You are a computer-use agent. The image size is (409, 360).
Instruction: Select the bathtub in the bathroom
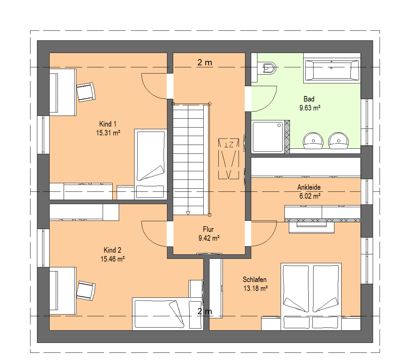(332, 69)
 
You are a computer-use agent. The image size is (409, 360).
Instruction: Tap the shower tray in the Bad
(268, 136)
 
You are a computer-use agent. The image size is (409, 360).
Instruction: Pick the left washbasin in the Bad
(313, 141)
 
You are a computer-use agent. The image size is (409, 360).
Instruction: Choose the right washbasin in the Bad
(338, 141)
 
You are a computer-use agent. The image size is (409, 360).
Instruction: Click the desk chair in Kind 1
(86, 92)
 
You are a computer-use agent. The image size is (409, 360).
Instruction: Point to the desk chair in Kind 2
(86, 291)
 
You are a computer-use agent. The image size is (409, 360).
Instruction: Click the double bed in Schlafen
(311, 297)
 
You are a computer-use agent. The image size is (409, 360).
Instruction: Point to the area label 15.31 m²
(108, 133)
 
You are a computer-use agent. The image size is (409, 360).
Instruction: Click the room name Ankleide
(309, 187)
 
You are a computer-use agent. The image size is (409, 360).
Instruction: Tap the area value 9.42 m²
(209, 238)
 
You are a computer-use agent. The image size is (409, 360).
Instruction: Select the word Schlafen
(255, 280)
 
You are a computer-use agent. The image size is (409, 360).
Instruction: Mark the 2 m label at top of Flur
(205, 63)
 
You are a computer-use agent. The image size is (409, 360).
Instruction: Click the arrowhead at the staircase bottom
(188, 213)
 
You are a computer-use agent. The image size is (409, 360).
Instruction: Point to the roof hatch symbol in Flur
(229, 159)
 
